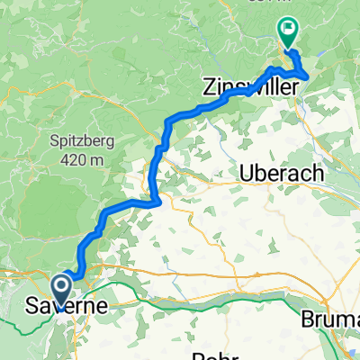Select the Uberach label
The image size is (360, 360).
click(280, 174)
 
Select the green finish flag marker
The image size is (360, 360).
click(288, 32)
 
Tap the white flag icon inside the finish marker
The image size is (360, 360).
click(288, 30)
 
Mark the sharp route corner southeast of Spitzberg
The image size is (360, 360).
click(158, 201)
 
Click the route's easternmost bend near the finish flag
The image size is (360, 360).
click(310, 75)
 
